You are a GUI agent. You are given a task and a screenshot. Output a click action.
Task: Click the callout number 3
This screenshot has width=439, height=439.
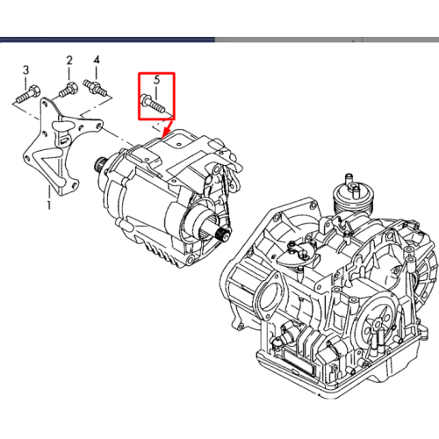[26, 70]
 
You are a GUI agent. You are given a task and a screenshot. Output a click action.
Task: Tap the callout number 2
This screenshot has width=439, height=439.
[69, 61]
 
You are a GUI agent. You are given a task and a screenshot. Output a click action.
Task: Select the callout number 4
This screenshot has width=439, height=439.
[97, 60]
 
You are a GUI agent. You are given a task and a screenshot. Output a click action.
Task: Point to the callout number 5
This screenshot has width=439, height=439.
[157, 80]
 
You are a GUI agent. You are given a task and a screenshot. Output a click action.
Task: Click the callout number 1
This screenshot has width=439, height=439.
[49, 205]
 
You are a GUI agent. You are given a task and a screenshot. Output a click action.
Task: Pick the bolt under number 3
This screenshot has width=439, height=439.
[28, 94]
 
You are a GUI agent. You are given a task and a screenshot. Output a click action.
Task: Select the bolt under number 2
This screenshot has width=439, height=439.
[68, 89]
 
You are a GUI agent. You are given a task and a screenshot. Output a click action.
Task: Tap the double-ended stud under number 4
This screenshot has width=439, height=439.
[95, 87]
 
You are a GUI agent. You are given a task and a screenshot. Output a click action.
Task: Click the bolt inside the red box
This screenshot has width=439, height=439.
[153, 104]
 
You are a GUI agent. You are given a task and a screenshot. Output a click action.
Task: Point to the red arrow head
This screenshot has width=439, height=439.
[166, 132]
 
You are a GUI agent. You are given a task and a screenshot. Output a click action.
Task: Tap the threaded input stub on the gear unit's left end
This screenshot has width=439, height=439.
[99, 164]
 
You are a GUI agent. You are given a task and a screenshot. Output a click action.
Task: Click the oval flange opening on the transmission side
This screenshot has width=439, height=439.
[269, 297]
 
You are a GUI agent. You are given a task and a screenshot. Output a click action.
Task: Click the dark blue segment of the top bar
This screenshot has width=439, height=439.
[107, 40]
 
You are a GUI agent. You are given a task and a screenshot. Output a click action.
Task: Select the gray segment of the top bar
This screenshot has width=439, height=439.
[327, 40]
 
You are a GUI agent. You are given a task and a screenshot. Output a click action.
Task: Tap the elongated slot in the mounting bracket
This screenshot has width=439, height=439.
[61, 126]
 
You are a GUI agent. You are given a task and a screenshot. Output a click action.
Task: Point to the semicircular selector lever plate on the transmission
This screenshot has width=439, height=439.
[296, 254]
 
